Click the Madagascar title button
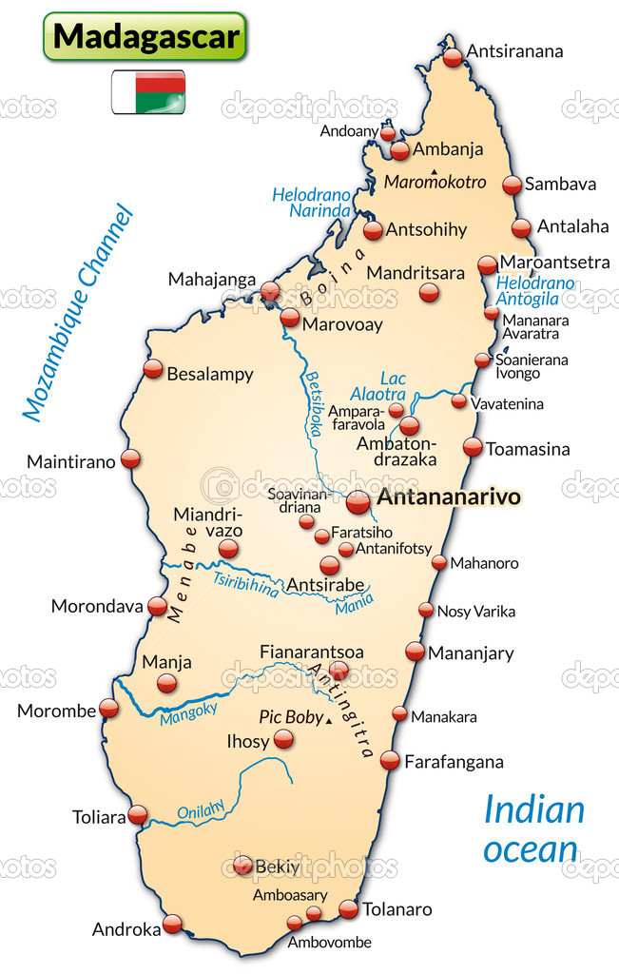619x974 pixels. pos(145,36)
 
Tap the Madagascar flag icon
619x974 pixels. pos(148,91)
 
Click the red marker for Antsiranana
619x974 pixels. pos(453,56)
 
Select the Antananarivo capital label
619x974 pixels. pos(449,497)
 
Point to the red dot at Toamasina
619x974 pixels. pos(473,447)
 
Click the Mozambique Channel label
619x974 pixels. pos(77,312)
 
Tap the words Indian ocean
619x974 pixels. pos(532,828)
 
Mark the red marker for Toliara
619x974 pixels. pos(138,815)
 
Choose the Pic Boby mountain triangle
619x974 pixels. pos(329,723)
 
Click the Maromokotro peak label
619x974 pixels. pos(435,182)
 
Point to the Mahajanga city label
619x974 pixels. pos(212,280)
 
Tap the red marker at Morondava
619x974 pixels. pos(158,605)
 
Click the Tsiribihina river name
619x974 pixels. pos(245,584)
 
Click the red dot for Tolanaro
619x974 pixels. pos(349,909)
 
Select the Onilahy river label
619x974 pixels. pos(201,809)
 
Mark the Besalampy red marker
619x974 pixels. pos(153,369)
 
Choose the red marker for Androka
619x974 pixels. pos(172,923)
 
